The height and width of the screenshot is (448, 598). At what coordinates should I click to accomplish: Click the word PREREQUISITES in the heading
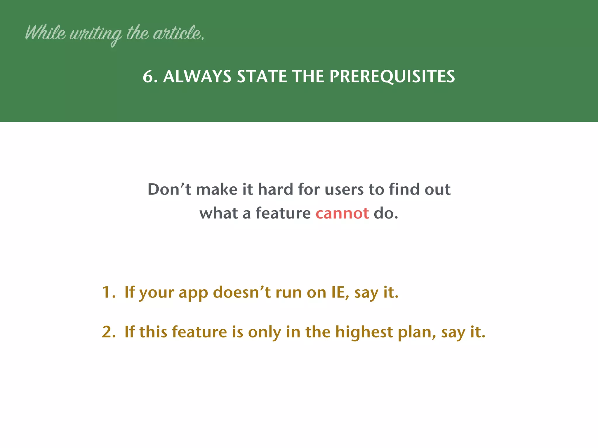coord(392,76)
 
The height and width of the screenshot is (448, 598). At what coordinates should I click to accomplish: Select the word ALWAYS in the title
coord(197,76)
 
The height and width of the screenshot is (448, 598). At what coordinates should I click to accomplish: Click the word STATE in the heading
coord(262,76)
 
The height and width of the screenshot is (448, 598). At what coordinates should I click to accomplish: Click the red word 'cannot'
coord(342,213)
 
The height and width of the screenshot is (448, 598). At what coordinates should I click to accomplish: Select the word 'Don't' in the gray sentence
coord(169,189)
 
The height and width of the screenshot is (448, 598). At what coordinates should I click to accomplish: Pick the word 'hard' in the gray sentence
coord(275,189)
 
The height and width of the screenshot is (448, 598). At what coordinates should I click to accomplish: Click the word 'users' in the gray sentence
coord(344,190)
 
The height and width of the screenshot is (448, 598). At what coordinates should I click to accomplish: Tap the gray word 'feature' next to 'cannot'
coord(283,213)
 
